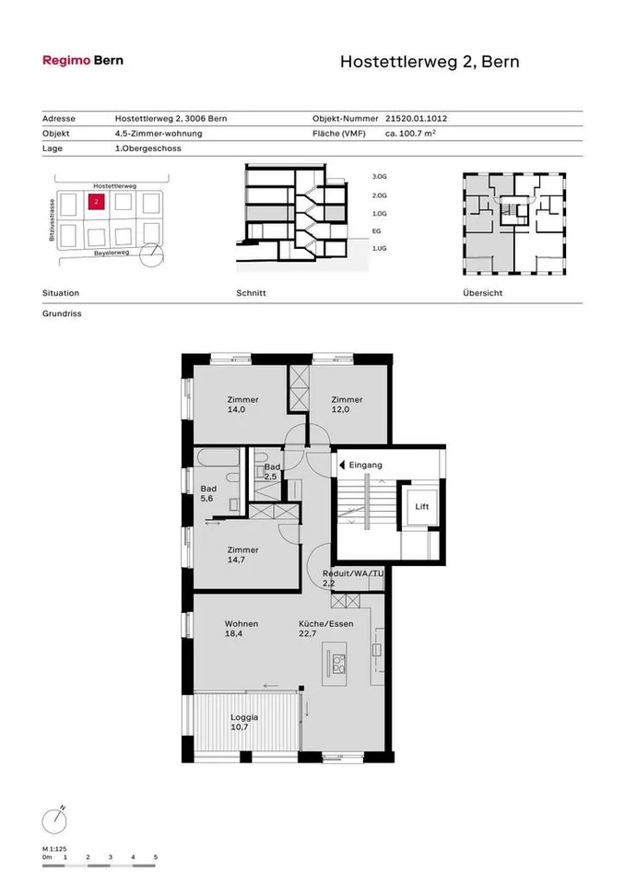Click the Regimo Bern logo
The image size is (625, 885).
point(83,61)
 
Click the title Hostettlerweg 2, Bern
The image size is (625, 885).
point(430,62)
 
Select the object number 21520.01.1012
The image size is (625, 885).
point(416,119)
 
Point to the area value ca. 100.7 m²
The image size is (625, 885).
point(410,133)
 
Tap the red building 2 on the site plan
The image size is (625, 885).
point(97,201)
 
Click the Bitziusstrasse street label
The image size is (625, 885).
point(52,219)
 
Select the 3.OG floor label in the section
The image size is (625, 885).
point(380,177)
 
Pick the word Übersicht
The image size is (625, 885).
point(482,293)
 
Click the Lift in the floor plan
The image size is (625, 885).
point(422,506)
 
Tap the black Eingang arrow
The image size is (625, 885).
point(342,465)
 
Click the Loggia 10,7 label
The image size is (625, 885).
point(244,722)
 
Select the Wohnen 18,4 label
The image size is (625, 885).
point(242,628)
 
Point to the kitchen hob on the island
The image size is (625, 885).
point(338,665)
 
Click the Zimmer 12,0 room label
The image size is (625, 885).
point(347,404)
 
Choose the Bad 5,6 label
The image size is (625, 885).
point(208,493)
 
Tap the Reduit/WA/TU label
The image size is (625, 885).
point(353,573)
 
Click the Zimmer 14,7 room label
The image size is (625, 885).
point(242,554)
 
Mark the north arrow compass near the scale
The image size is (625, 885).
point(54,820)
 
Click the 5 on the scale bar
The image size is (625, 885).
point(155,856)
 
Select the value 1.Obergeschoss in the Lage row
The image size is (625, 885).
point(147,148)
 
